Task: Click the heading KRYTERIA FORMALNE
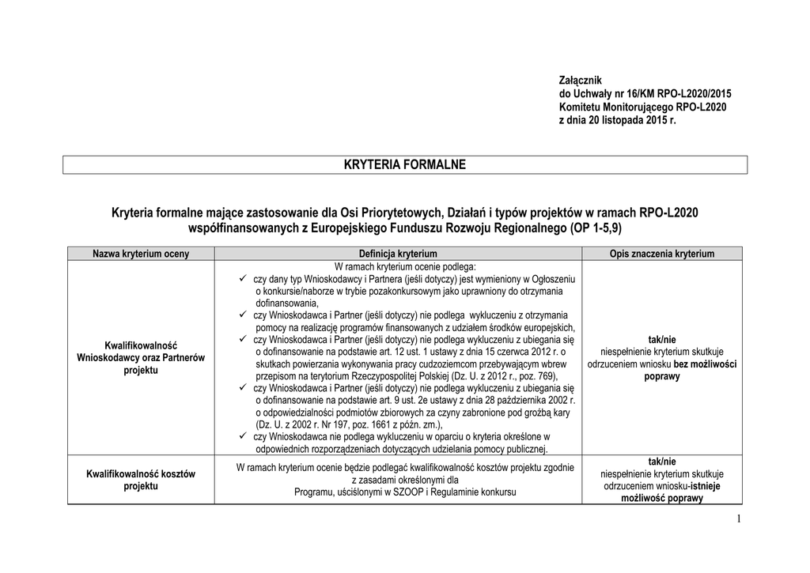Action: [405, 164]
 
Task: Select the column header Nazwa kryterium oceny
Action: [141, 254]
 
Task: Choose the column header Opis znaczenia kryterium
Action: [661, 254]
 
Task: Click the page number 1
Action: [737, 518]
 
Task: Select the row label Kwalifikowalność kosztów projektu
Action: [141, 480]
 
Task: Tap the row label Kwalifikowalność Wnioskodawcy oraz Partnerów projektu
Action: [141, 358]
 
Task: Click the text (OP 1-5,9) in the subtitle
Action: [595, 228]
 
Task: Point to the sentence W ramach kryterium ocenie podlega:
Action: [404, 267]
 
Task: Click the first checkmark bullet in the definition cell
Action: [243, 280]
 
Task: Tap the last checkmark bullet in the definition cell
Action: [243, 436]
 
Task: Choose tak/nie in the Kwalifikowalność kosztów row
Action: [662, 461]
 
